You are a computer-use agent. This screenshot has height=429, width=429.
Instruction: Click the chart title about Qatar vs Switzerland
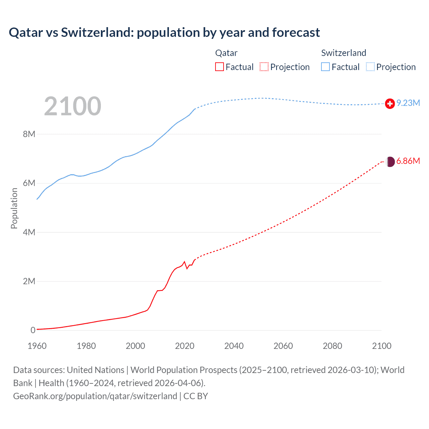pos(164,33)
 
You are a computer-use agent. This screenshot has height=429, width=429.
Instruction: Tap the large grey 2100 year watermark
pos(72,106)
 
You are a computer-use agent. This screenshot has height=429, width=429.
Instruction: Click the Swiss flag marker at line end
pos(390,104)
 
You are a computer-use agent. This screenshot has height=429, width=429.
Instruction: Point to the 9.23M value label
pos(408,103)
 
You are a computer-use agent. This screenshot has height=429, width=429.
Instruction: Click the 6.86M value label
pos(408,161)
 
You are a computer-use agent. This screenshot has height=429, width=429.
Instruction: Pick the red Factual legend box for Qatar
pos(219,67)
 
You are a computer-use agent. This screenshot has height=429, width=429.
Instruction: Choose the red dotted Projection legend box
pos(264,67)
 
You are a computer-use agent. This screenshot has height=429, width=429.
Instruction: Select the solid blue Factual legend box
pos(325,67)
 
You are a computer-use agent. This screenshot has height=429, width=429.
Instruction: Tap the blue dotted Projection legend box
pos(370,67)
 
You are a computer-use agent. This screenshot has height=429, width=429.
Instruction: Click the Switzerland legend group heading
pos(344,53)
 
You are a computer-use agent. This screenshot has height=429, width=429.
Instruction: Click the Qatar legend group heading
pos(226,53)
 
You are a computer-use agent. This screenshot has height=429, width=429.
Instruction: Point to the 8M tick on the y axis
pos(29,134)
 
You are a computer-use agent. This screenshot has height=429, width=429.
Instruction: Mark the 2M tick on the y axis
pos(29,281)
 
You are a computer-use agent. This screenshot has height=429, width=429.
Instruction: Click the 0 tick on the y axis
pos(33,330)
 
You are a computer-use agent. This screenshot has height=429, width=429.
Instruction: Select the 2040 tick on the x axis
pos(234,346)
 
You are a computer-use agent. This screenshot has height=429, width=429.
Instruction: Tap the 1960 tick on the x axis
pos(37,346)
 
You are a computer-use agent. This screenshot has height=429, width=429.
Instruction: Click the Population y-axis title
pos(14,208)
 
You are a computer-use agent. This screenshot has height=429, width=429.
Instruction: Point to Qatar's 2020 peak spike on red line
pos(184,262)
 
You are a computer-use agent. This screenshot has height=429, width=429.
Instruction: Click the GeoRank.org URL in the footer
pos(95,396)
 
